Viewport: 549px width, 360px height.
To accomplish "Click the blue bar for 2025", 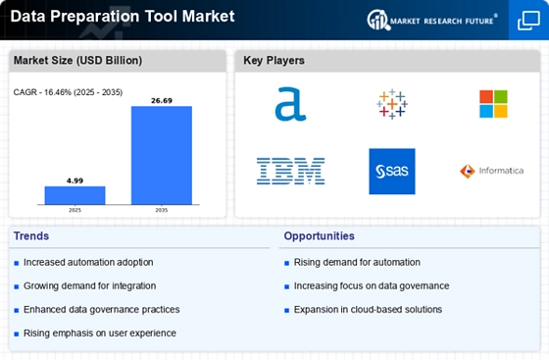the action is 75,195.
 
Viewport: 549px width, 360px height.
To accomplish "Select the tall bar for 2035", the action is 162,155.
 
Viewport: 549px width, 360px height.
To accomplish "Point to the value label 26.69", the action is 162,101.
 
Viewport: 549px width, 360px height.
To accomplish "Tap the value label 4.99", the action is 75,180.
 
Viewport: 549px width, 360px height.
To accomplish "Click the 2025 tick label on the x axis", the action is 75,210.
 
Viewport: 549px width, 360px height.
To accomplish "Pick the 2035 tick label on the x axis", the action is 162,210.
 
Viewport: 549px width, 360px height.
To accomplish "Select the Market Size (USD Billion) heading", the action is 77,60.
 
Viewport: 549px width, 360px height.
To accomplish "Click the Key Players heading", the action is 274,60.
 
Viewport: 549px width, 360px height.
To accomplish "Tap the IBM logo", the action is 290,172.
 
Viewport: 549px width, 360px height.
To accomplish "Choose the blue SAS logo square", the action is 392,172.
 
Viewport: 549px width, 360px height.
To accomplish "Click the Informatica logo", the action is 492,171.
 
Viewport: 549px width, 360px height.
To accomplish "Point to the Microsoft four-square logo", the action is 493,104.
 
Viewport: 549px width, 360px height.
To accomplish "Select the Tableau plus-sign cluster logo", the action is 392,104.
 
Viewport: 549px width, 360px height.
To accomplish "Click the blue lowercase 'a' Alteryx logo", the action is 290,104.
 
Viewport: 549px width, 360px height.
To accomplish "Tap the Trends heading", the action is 31,236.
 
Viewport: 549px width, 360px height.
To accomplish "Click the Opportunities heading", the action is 319,236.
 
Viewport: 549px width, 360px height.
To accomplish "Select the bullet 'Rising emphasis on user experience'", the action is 100,334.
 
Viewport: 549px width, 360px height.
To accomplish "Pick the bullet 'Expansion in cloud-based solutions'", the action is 368,310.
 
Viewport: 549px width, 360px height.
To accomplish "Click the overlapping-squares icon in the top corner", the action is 528,21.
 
